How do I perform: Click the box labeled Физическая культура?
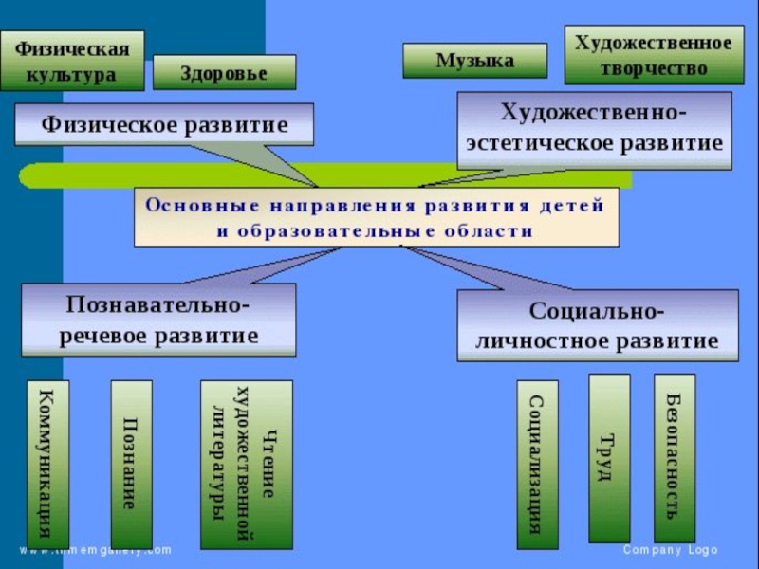pyautogui.click(x=72, y=59)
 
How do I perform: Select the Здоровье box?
pyautogui.click(x=224, y=72)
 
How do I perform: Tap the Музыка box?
pyautogui.click(x=474, y=61)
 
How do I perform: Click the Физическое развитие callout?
pyautogui.click(x=164, y=124)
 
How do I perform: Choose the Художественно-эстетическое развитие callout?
pyautogui.click(x=594, y=130)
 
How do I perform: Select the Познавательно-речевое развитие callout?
pyautogui.click(x=158, y=320)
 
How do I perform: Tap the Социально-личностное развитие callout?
pyautogui.click(x=597, y=325)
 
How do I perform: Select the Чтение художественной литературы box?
pyautogui.click(x=246, y=465)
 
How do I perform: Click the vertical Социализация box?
pyautogui.click(x=537, y=464)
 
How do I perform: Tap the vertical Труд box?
pyautogui.click(x=608, y=458)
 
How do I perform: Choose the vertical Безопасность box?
pyautogui.click(x=674, y=458)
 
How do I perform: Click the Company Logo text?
pyautogui.click(x=670, y=551)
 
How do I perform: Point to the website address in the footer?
pyautogui.click(x=95, y=550)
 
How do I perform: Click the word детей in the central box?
pyautogui.click(x=577, y=206)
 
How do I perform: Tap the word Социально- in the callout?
pyautogui.click(x=597, y=311)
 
